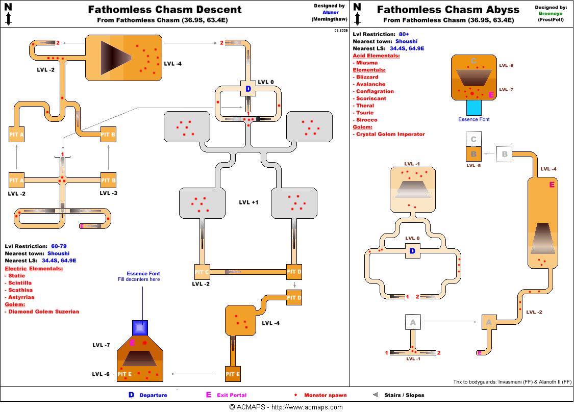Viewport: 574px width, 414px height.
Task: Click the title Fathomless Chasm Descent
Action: click(164, 10)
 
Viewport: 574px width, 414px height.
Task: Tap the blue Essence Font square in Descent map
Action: click(140, 327)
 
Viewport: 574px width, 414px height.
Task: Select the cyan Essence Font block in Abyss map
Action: click(473, 108)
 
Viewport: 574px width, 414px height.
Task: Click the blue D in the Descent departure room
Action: click(248, 89)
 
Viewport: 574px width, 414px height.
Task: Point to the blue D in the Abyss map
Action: click(412, 251)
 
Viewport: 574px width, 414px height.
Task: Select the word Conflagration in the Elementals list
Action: click(375, 91)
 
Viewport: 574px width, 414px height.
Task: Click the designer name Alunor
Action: click(330, 12)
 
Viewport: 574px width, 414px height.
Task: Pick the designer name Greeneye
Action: click(550, 14)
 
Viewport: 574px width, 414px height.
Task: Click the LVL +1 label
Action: click(248, 202)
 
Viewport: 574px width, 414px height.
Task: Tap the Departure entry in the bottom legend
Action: click(153, 395)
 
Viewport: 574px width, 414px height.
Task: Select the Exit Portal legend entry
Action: click(231, 395)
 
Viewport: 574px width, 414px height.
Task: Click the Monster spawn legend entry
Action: click(325, 395)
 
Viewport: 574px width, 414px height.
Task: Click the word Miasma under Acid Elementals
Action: click(367, 63)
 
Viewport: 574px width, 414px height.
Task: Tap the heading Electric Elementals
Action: click(34, 269)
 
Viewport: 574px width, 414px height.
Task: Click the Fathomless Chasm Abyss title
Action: click(448, 10)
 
